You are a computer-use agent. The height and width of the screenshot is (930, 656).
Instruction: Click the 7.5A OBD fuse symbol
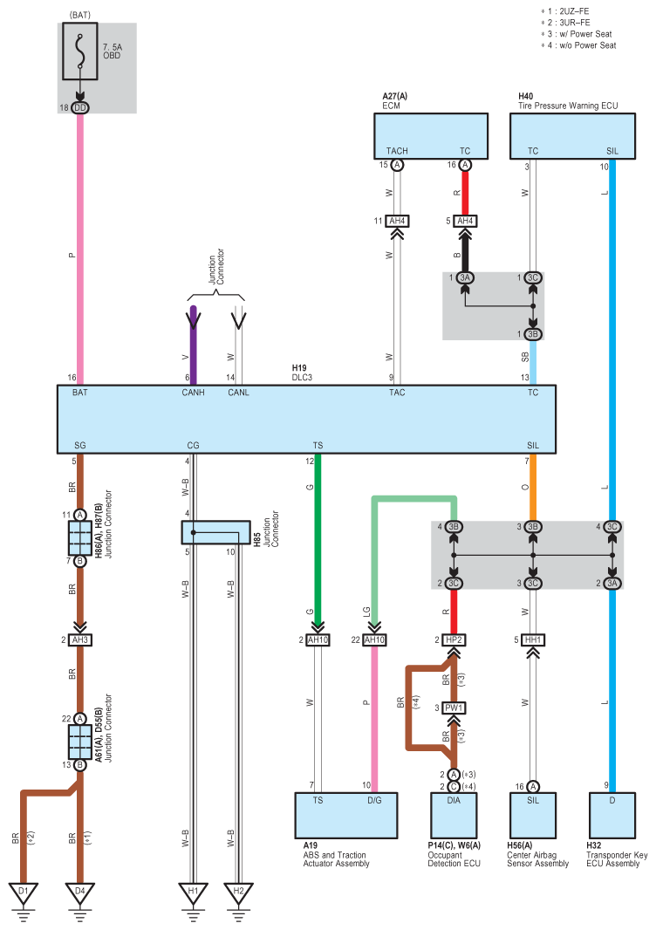[80, 51]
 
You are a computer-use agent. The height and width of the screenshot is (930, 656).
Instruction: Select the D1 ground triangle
[24, 892]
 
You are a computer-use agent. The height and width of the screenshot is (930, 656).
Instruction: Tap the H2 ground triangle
[238, 892]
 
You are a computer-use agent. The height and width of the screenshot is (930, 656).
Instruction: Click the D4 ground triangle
[80, 892]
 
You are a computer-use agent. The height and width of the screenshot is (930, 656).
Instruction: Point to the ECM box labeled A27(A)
[431, 136]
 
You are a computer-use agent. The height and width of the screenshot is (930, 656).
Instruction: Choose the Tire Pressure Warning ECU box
[572, 136]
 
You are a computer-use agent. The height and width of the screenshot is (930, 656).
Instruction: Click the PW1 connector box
[454, 708]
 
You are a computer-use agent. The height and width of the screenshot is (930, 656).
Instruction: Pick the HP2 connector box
[454, 640]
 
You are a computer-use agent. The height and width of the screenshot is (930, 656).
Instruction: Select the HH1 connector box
[533, 640]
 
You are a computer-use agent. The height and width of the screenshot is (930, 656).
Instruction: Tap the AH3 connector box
[80, 640]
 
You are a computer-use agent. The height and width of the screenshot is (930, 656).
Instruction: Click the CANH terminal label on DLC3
[193, 393]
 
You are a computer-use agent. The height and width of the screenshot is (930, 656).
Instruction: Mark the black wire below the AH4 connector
[465, 252]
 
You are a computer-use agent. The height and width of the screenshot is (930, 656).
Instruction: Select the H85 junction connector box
[215, 533]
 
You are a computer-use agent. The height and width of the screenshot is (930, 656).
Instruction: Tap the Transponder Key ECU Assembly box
[612, 815]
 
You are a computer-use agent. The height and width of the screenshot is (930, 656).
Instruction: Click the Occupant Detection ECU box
[454, 815]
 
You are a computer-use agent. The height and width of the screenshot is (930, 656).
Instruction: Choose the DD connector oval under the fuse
[80, 108]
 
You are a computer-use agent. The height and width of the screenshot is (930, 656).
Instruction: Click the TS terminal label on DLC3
[318, 446]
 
